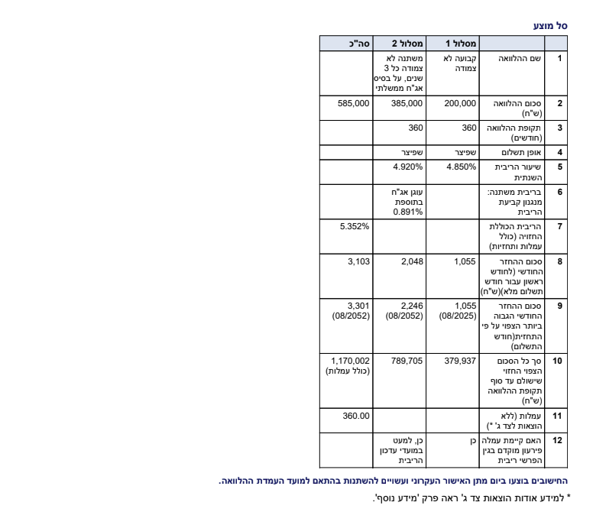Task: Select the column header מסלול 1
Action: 462,44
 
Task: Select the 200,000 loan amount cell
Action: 460,103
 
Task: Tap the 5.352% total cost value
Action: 355,226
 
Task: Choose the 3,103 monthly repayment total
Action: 358,262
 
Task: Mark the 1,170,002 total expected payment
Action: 351,359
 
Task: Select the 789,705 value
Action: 407,359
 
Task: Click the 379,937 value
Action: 460,359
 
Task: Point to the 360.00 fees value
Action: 356,416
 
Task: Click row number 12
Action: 558,441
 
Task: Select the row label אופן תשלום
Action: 514,152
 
